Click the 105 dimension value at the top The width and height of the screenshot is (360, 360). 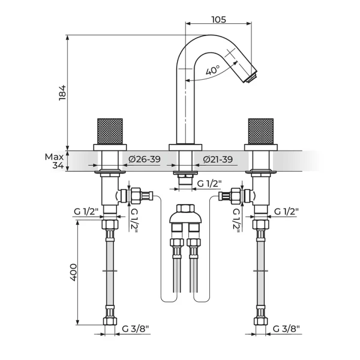(218, 20)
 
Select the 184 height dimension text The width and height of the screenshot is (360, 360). (62, 92)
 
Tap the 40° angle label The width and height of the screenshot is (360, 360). (212, 70)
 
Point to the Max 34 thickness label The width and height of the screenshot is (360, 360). (55, 161)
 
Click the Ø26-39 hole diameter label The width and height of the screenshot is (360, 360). (145, 159)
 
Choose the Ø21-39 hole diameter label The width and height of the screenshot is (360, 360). (218, 159)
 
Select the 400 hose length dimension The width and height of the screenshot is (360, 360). (73, 272)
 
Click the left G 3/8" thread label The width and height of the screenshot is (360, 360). (136, 329)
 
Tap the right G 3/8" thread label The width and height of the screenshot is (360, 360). (286, 329)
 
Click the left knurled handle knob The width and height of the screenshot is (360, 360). (110, 131)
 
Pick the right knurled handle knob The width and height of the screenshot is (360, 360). (261, 131)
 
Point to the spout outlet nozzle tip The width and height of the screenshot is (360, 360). (251, 77)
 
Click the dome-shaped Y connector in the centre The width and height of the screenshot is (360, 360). (185, 215)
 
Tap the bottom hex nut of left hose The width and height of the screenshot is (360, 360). (110, 321)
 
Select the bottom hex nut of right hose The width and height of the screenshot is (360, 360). (261, 321)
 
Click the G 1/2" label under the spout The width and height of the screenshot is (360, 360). (209, 184)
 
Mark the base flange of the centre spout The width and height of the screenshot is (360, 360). (185, 148)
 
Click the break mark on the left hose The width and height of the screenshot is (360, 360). (110, 271)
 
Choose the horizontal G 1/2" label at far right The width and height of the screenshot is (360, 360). (287, 211)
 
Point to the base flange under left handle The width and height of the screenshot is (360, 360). (110, 148)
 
